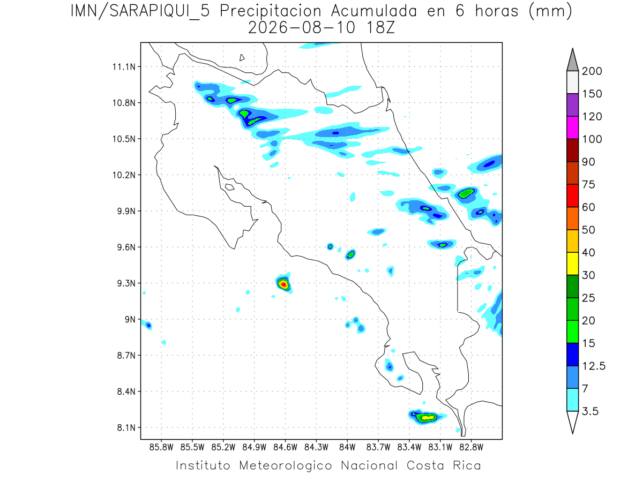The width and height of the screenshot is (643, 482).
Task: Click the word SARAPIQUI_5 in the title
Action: pos(160,11)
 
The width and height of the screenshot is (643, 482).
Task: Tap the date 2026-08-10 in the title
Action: pos(302,28)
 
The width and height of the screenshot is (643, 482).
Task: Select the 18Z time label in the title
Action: pos(380,28)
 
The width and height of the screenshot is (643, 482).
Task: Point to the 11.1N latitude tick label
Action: pos(124,67)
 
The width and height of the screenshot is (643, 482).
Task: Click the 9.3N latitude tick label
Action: pos(126,283)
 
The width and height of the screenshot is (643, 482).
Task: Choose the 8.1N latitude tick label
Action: pos(126,427)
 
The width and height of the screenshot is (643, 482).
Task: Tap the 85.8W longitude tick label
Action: pos(161,448)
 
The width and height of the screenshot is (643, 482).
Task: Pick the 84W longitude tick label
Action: pos(347,448)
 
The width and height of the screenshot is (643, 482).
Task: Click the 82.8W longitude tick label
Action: pos(471,448)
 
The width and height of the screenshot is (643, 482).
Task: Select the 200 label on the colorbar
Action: pos(592,71)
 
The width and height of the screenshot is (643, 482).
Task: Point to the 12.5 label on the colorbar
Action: pos(594,366)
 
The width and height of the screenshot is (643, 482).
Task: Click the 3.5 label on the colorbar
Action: pos(590,411)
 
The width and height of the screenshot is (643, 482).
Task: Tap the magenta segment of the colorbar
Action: pos(572,127)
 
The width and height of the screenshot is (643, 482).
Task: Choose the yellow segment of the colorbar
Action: pos(572,263)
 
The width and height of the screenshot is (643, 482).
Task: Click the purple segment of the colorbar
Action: pos(572,105)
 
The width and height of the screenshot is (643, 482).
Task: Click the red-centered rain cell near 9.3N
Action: pos(283,284)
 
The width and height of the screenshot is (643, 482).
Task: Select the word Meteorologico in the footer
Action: pos(286,465)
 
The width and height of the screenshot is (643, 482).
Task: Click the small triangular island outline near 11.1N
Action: pos(242,58)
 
